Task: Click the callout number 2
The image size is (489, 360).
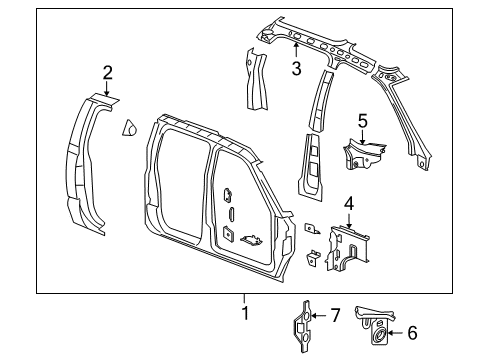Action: pyautogui.click(x=107, y=70)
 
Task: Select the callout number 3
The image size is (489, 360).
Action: pyautogui.click(x=296, y=68)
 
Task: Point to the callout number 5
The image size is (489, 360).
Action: pyautogui.click(x=363, y=121)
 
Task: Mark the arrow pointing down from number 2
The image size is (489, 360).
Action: pyautogui.click(x=107, y=85)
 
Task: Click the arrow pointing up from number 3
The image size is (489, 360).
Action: pyautogui.click(x=296, y=53)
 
